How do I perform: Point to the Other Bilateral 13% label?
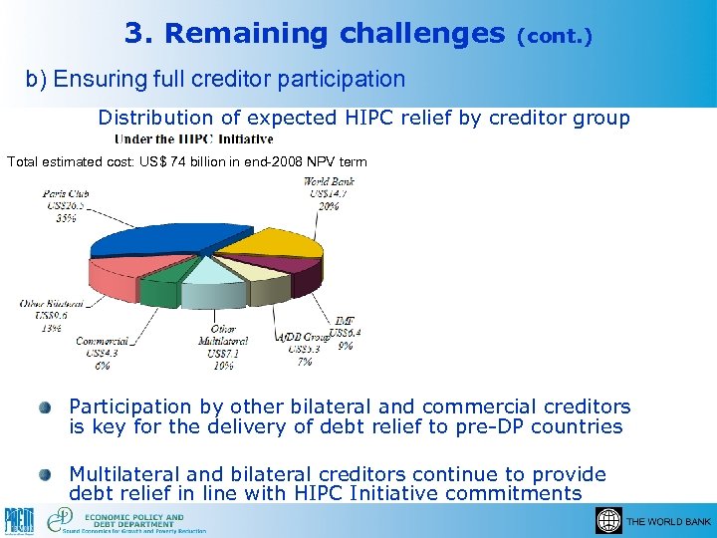(49, 315)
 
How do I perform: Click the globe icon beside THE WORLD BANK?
(608, 521)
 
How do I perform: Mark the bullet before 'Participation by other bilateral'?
(46, 407)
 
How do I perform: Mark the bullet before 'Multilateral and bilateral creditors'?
(46, 475)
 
